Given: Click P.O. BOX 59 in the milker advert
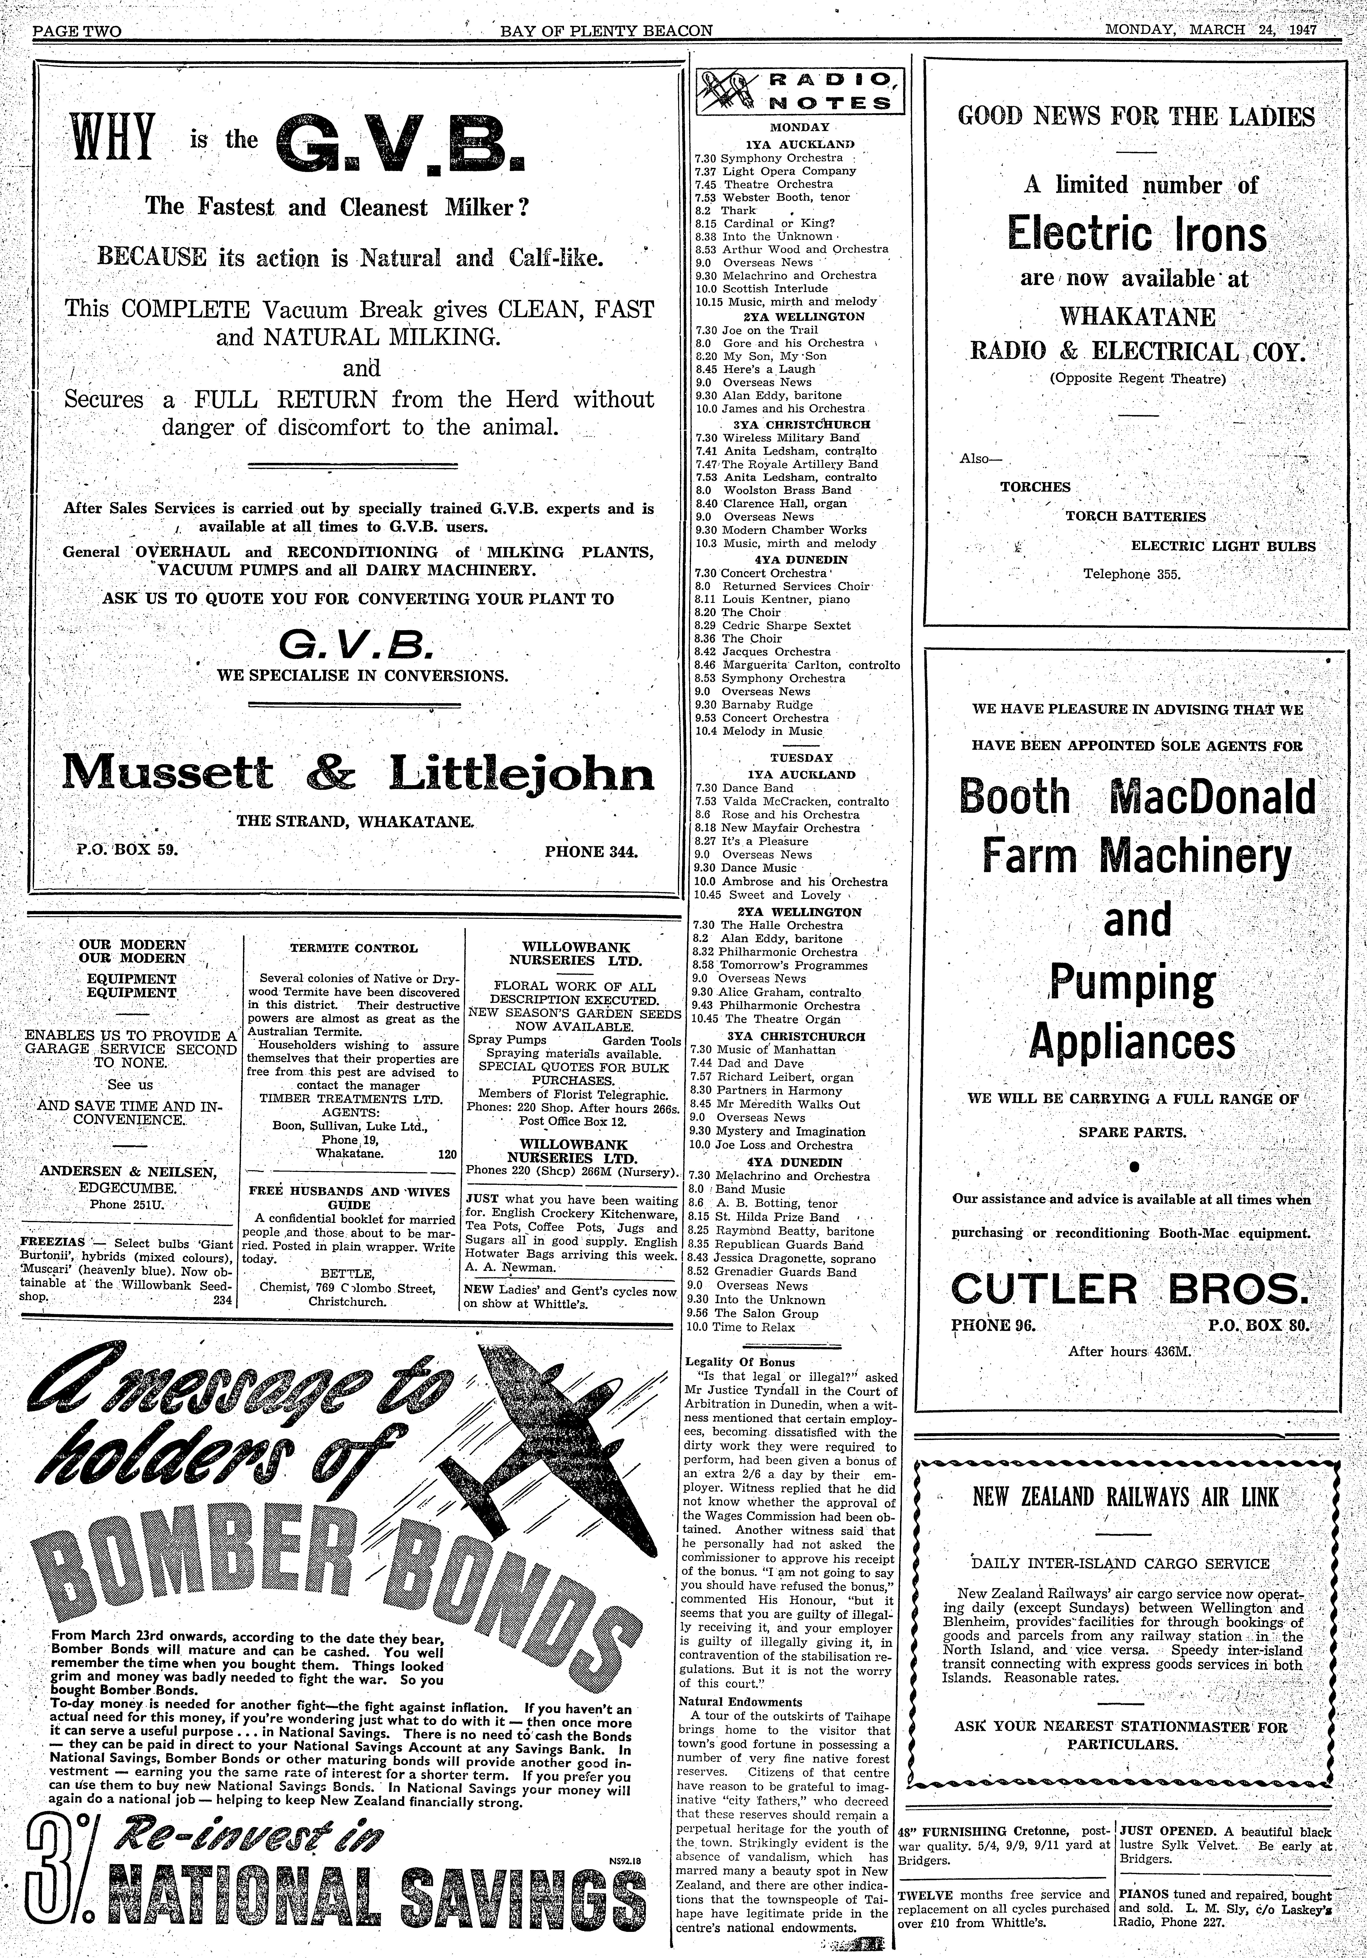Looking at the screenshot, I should coord(127,849).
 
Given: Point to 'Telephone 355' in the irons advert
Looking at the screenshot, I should coord(1132,574).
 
